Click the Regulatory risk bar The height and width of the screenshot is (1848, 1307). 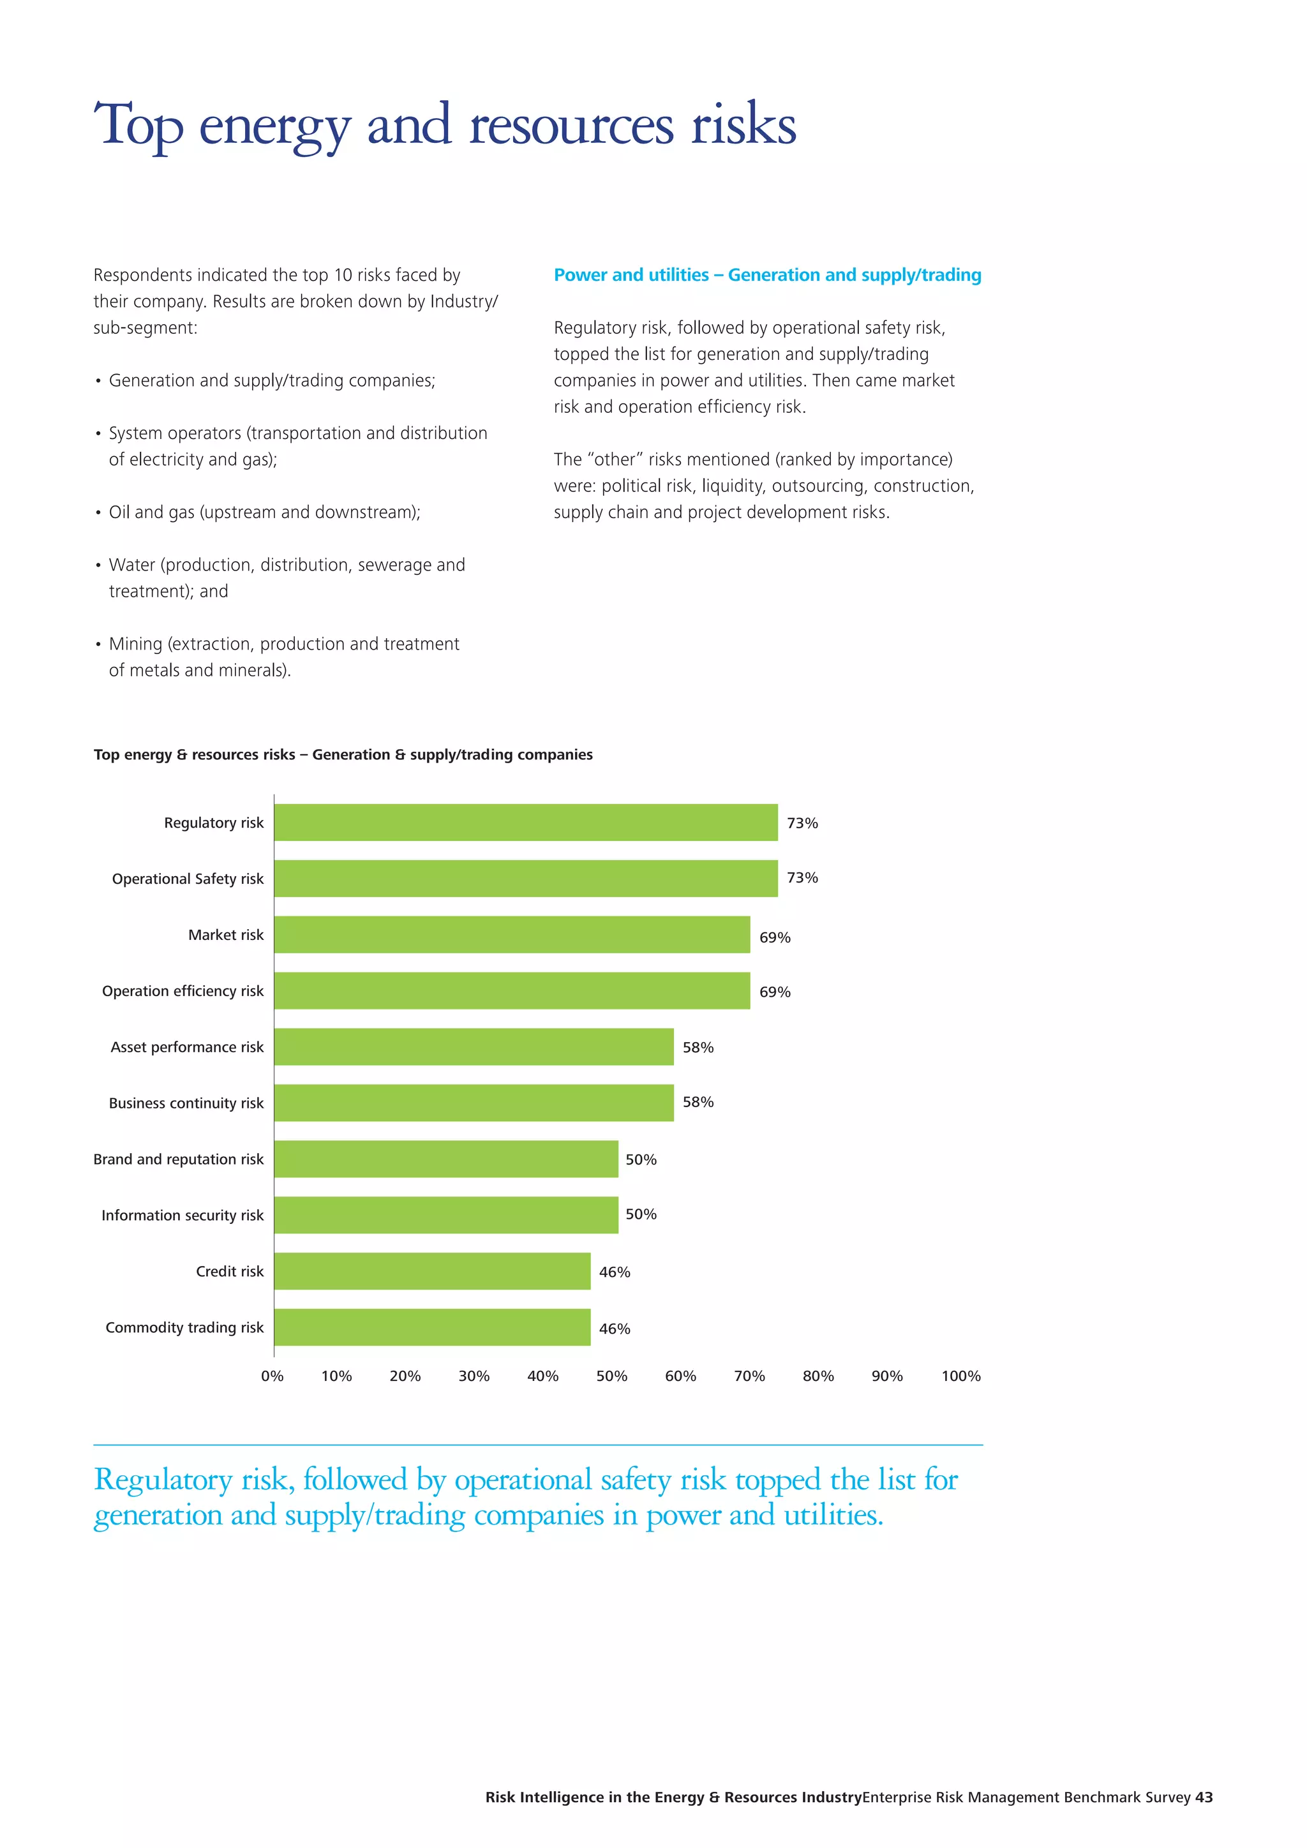click(x=525, y=822)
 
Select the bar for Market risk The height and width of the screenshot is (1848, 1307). click(x=512, y=934)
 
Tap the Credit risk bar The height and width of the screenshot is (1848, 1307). click(x=432, y=1271)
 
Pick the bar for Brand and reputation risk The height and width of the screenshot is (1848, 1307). click(x=446, y=1159)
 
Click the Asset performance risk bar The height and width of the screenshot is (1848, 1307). click(x=474, y=1047)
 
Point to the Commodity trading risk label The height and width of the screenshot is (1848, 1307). click(x=184, y=1327)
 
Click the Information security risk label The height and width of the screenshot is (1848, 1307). click(x=182, y=1216)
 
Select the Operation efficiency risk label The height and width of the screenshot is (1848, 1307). click(x=183, y=991)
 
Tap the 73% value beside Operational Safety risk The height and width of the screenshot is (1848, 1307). click(x=802, y=877)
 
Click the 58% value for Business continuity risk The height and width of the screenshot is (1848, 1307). click(x=698, y=1102)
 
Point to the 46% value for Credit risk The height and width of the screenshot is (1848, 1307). click(x=614, y=1272)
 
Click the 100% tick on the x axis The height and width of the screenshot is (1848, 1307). click(x=961, y=1376)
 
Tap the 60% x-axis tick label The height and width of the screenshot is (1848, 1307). click(x=680, y=1376)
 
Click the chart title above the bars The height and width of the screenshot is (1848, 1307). click(x=343, y=754)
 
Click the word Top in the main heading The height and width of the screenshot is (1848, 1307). click(x=138, y=126)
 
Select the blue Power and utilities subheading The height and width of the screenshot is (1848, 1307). click(x=767, y=275)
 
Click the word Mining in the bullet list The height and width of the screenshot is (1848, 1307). click(x=135, y=644)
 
